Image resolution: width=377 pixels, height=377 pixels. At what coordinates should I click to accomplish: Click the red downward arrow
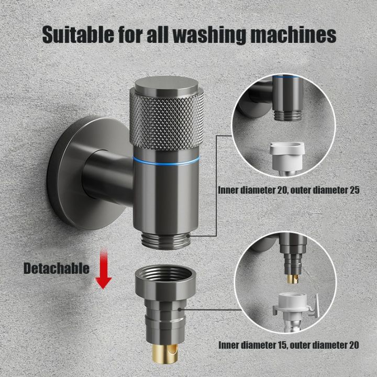(104, 270)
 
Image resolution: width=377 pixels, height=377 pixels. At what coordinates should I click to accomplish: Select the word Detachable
(56, 269)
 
